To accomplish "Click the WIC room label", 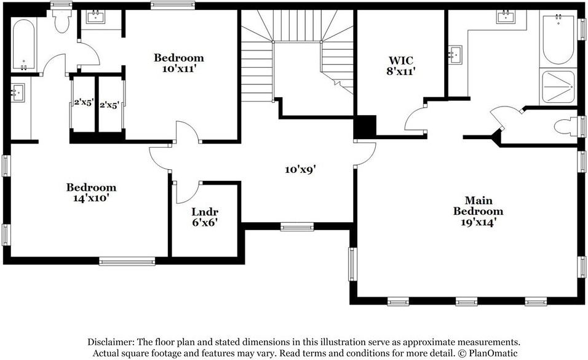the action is coord(400,60).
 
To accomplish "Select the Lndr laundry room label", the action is coord(205,211).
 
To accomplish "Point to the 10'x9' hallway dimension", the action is coord(300,170).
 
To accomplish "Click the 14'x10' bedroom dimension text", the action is coord(91,198).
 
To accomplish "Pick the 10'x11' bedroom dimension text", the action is coord(179,69).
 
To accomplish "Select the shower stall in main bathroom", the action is coord(558,87).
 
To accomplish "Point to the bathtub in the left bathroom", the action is coord(23,45).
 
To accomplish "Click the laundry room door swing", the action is coord(188,192).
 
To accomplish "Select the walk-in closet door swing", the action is coord(416,119).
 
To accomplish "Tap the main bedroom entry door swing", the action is coord(365,153).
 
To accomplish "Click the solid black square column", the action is coord(365,127).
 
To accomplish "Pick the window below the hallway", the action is coord(297,226).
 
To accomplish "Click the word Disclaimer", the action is coord(111,342).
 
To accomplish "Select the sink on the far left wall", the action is coord(18,92).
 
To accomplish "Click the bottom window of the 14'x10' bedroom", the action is coord(127,261).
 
